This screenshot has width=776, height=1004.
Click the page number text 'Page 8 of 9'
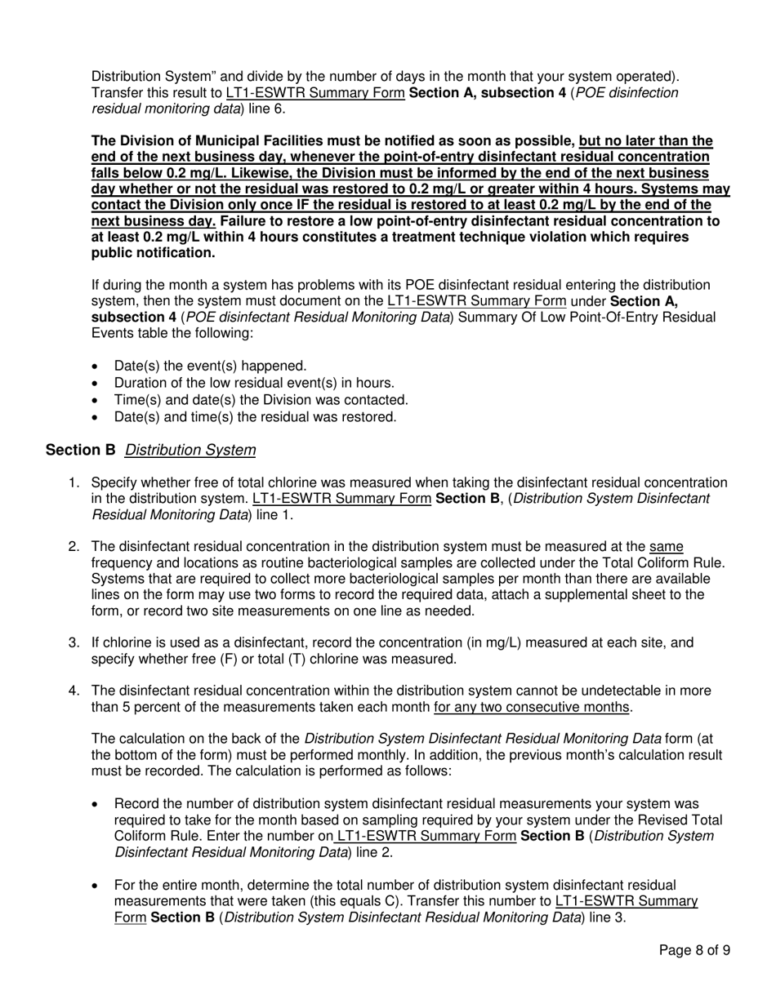click(x=694, y=950)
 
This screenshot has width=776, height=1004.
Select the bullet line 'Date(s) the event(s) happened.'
click(x=211, y=366)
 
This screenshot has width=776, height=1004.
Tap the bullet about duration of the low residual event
click(x=254, y=383)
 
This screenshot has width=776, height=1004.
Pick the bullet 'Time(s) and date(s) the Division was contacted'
click(x=261, y=400)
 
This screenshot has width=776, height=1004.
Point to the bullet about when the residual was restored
click(x=255, y=417)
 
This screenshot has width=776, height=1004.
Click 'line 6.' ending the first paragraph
click(x=268, y=109)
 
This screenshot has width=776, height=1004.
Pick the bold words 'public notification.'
click(x=154, y=253)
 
